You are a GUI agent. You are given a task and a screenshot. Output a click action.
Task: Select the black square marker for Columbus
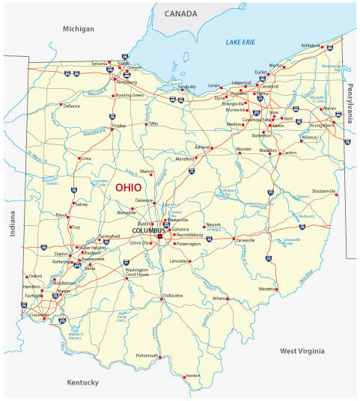click(159, 236)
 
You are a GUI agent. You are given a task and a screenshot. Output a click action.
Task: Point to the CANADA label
click(181, 13)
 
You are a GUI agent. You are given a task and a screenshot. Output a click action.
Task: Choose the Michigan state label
click(79, 28)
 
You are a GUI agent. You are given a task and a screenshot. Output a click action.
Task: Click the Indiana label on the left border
click(12, 224)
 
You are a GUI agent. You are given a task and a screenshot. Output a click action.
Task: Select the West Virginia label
click(302, 350)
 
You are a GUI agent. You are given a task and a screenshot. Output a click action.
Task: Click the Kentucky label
click(83, 382)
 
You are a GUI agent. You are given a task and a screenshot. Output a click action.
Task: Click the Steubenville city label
click(326, 191)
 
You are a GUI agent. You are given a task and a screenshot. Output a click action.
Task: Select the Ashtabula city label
click(311, 45)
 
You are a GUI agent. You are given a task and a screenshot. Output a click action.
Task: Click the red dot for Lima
click(79, 159)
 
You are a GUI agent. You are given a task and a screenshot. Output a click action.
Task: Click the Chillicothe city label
click(173, 296)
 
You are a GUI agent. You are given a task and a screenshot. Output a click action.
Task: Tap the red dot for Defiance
click(61, 106)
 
